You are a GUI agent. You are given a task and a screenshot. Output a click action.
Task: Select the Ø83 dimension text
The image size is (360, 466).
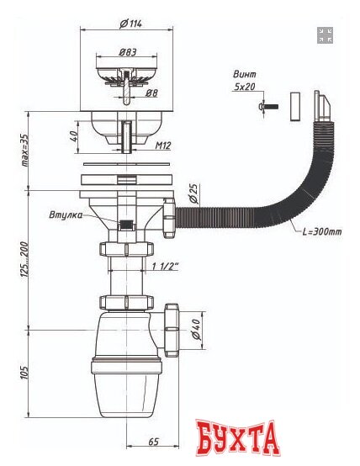[x=128, y=52]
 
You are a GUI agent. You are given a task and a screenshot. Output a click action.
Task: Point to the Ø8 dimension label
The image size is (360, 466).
[x=151, y=94]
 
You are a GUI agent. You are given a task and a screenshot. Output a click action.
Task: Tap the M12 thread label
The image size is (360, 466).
[x=164, y=146]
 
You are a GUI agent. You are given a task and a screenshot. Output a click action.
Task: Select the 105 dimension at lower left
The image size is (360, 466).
[x=24, y=371]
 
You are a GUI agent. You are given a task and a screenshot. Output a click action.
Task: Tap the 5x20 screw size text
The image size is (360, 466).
[x=245, y=87]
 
